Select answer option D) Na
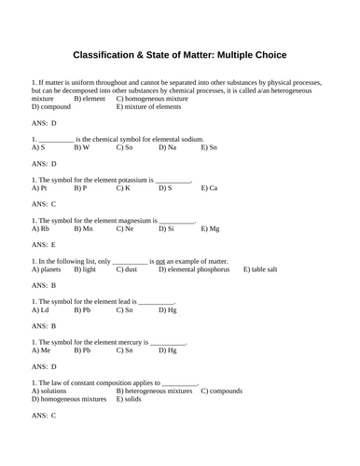(x=168, y=147)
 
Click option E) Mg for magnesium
(x=211, y=228)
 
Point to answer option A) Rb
(x=40, y=228)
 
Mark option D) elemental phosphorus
(x=196, y=269)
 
